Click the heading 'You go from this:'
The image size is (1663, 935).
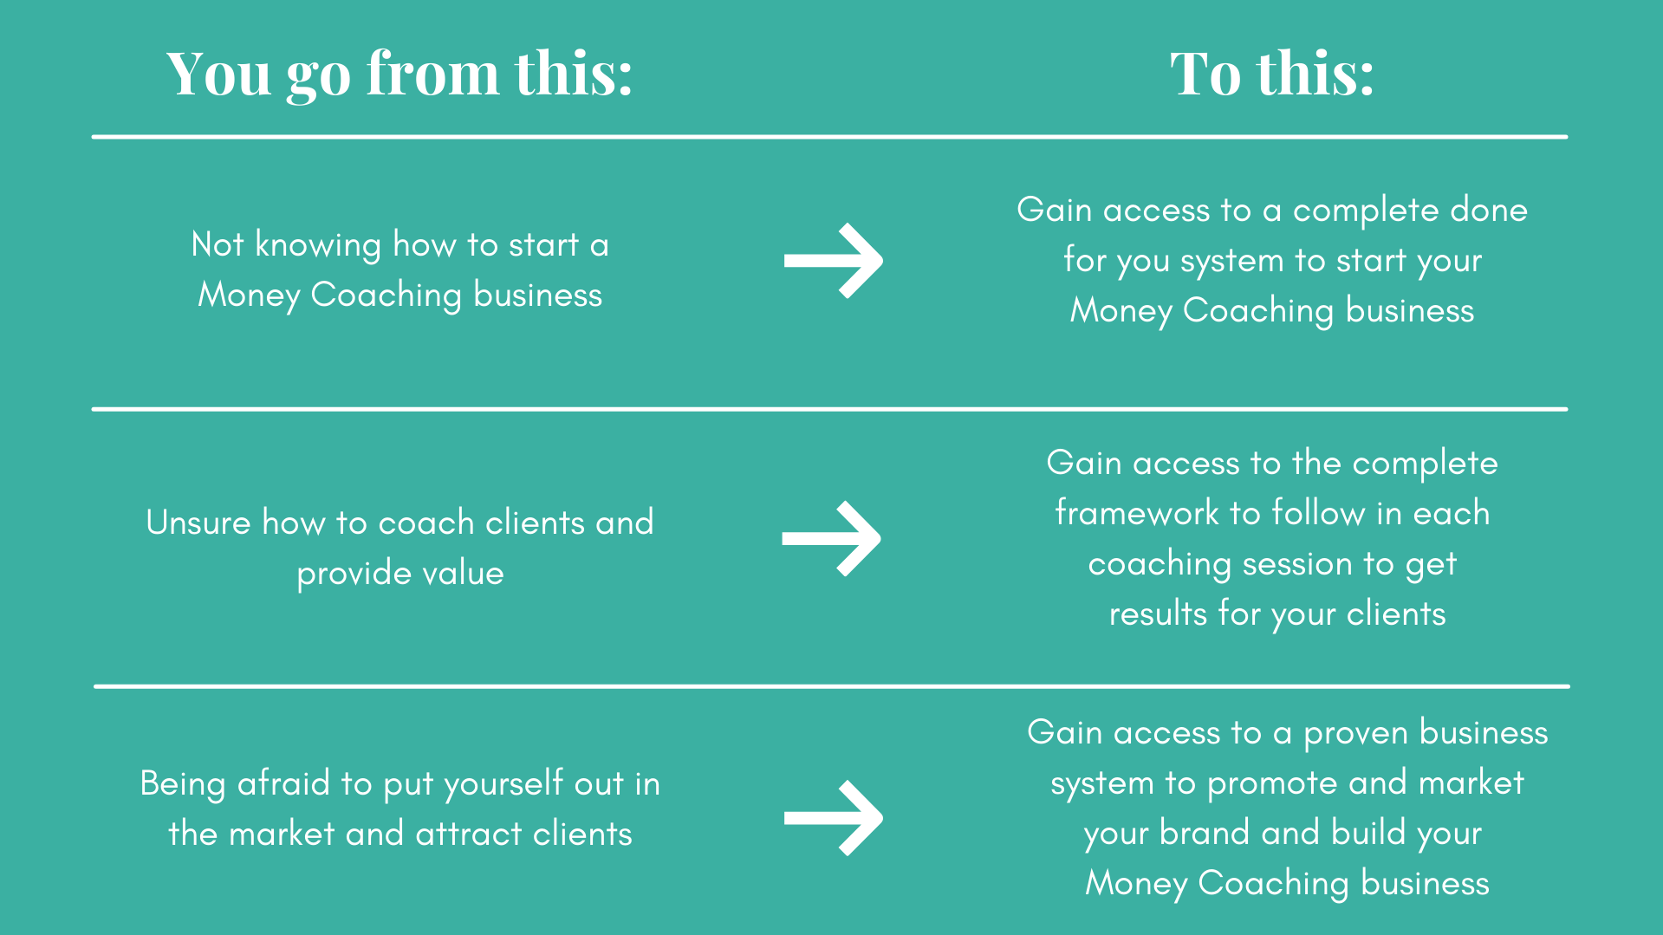[400, 75]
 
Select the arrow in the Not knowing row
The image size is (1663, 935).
[833, 261]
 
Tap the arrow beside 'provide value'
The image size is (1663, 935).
[831, 538]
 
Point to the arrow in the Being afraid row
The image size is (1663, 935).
[833, 818]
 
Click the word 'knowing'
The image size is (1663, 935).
[317, 246]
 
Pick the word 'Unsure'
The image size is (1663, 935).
[198, 523]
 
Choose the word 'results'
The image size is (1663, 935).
[1158, 614]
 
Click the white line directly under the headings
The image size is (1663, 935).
[830, 137]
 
